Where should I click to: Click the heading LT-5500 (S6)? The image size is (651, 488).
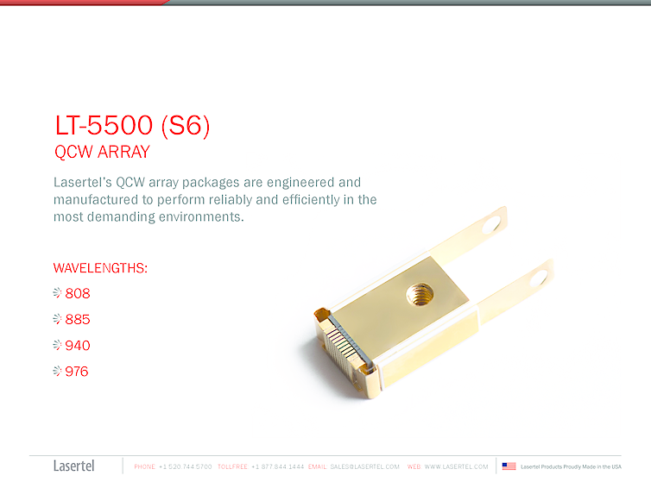(x=132, y=126)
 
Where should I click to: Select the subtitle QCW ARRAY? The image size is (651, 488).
(x=102, y=153)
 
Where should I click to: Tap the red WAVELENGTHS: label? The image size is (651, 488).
(x=100, y=268)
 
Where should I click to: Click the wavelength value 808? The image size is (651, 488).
(x=78, y=293)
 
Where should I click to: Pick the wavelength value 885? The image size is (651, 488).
(x=78, y=320)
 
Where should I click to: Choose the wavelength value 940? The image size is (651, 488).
(x=78, y=346)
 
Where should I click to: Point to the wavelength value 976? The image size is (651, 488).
(x=77, y=372)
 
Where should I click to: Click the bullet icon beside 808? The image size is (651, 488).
(x=58, y=293)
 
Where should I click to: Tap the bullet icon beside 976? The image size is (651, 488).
(x=58, y=372)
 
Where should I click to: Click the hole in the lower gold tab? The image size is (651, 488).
(x=541, y=277)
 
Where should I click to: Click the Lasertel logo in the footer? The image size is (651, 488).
(x=74, y=466)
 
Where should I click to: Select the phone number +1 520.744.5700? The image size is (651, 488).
(x=186, y=466)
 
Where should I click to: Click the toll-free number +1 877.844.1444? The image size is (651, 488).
(x=277, y=466)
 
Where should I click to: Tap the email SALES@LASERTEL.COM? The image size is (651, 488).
(x=365, y=466)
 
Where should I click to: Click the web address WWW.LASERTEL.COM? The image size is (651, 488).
(x=456, y=466)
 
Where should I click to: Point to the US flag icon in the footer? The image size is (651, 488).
(x=509, y=466)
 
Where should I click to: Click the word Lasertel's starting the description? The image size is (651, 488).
(x=83, y=183)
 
